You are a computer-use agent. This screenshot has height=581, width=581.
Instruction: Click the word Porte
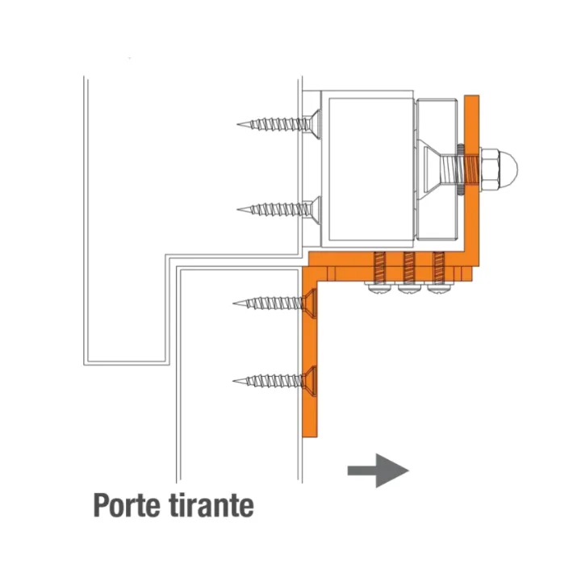pos(127,505)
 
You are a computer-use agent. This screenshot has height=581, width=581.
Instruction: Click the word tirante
pos(211,505)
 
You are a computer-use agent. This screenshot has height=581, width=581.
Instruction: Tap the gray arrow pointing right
pos(378,470)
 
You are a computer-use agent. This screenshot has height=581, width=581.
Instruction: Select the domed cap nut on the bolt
pos(508,169)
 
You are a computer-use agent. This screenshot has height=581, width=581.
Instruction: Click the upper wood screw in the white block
pos(278,124)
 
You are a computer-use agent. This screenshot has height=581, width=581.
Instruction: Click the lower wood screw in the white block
pos(278,210)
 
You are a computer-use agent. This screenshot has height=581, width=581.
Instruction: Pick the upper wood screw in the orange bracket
pos(274,303)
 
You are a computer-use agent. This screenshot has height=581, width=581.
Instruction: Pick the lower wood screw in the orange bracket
pos(274,381)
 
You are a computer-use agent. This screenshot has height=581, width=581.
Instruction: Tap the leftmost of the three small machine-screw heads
pos(378,287)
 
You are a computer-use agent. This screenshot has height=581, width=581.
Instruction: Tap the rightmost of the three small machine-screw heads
pos(439,287)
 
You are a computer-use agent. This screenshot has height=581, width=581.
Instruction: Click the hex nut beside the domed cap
pos(490,169)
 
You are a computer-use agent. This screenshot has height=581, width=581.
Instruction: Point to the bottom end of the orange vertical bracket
pos(310,437)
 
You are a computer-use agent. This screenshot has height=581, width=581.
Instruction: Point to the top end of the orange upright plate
pos(472,96)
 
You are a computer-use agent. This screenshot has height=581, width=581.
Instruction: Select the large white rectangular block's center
pos(371,169)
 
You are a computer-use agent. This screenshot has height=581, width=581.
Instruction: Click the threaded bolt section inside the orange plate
pos(472,169)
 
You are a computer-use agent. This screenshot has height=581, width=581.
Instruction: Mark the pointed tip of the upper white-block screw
pos(237,124)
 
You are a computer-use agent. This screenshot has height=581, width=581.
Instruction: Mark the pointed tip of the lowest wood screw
pos(233,381)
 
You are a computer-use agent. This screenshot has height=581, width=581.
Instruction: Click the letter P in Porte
pos(102,504)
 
